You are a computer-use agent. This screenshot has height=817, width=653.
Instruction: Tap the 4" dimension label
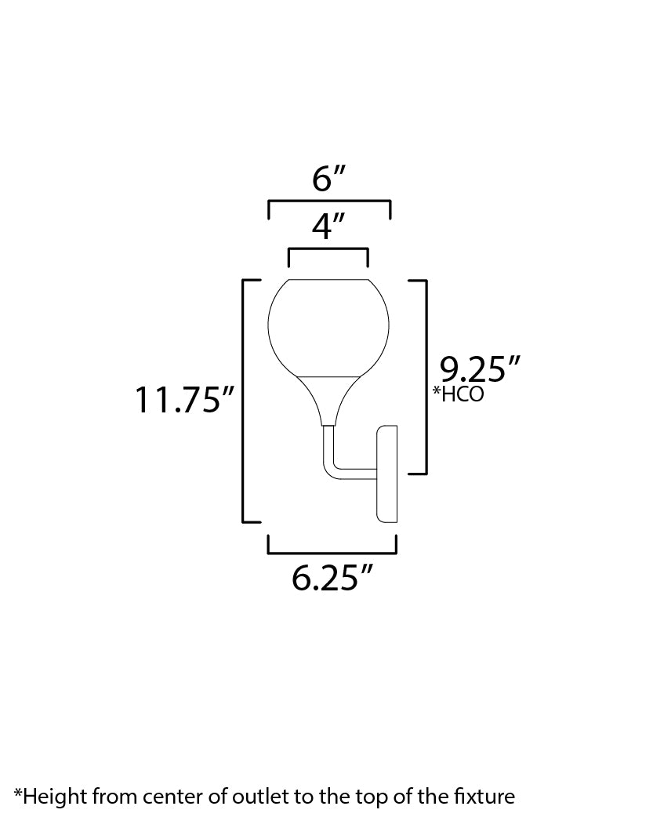tap(328, 227)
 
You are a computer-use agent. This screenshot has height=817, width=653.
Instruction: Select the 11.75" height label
tap(184, 401)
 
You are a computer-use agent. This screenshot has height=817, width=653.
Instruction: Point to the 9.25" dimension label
tap(480, 368)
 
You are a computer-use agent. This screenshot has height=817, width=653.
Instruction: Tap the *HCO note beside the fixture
tap(458, 394)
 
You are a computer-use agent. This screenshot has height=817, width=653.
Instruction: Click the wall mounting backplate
tap(387, 474)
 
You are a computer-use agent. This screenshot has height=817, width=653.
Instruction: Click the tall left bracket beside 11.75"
tap(243, 400)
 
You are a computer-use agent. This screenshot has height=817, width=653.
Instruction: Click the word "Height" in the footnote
tap(54, 797)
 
